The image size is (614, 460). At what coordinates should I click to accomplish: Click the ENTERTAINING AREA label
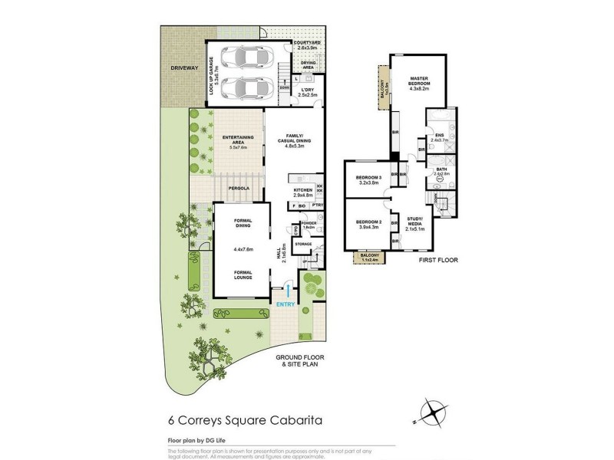pyautogui.click(x=238, y=140)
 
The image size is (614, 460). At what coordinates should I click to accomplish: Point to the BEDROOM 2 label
pyautogui.click(x=368, y=223)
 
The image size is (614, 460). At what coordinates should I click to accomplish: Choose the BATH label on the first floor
pyautogui.click(x=440, y=169)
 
